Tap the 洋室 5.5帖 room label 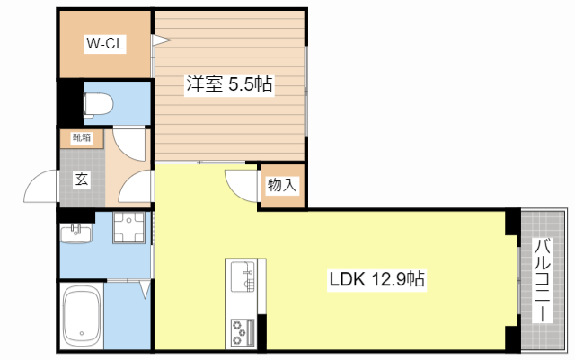click(x=229, y=84)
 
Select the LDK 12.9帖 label click(x=376, y=279)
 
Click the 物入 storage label click(x=281, y=186)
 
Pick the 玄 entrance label click(x=82, y=179)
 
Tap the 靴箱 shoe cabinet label click(x=82, y=138)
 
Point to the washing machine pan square click(x=129, y=229)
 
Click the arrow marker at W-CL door click(x=160, y=39)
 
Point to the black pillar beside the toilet click(x=67, y=102)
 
